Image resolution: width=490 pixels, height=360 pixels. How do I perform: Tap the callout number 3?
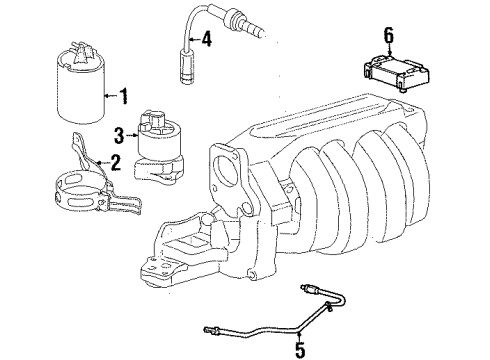(x=118, y=135)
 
